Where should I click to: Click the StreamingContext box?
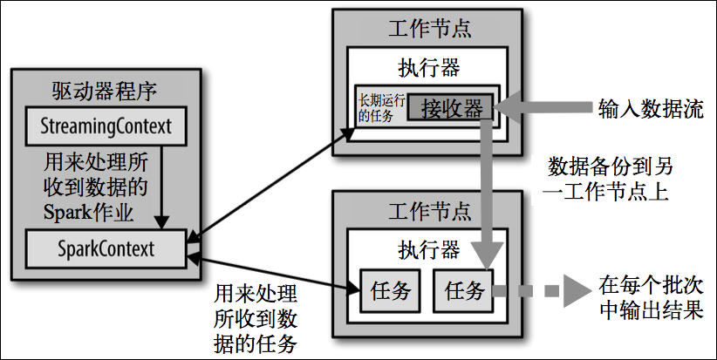(106, 126)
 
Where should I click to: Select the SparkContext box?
(106, 249)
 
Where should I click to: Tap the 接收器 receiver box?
(451, 107)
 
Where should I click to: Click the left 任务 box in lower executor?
(390, 290)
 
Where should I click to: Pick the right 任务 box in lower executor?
(464, 290)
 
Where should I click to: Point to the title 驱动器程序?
(105, 91)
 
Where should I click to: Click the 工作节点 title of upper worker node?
(429, 28)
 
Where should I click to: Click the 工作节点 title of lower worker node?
(429, 211)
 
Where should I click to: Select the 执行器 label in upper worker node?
(429, 68)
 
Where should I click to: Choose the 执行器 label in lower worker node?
(429, 250)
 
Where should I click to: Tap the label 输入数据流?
(650, 109)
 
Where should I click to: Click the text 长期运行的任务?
(381, 109)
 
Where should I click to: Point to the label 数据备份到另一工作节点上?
(608, 179)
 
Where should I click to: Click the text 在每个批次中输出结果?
(650, 299)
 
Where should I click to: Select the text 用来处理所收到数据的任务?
(256, 319)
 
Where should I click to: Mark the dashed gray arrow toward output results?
(542, 290)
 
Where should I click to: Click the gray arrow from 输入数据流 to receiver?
(543, 107)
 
